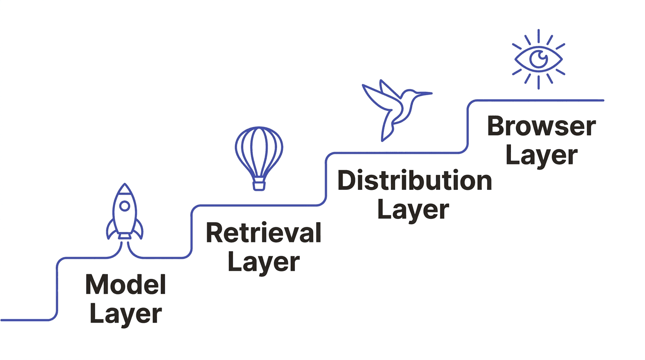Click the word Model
click(x=126, y=285)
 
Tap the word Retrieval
click(x=263, y=232)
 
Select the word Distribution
click(x=414, y=180)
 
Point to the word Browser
click(x=541, y=127)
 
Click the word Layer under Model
click(x=126, y=314)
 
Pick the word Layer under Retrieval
click(x=263, y=262)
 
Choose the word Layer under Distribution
click(x=413, y=210)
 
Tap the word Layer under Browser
click(x=541, y=155)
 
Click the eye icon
click(x=538, y=59)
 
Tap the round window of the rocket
click(x=125, y=206)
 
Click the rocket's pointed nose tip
click(x=125, y=184)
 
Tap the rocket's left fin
click(x=111, y=230)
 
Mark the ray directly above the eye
click(x=538, y=36)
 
